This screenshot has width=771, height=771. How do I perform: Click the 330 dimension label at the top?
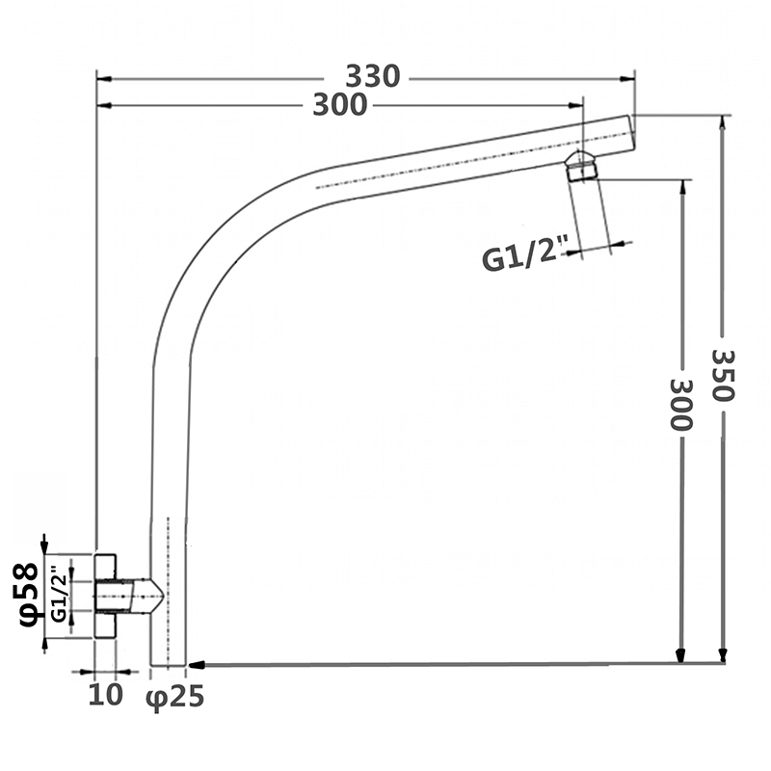point(372,76)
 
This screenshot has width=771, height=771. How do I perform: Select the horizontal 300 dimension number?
point(339,105)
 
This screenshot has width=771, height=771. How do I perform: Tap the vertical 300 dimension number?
point(681,404)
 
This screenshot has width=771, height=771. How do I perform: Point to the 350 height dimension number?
point(724,376)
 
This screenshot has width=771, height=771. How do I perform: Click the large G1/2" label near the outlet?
point(519,258)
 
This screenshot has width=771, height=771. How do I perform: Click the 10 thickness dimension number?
point(106,695)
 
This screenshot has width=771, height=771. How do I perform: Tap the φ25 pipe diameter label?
point(175,697)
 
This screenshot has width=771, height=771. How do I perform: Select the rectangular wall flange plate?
point(105,595)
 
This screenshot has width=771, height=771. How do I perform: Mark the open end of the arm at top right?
point(631,132)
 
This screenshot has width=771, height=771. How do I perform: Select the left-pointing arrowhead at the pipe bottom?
point(195,664)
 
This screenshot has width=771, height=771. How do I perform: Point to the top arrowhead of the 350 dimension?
point(723,121)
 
